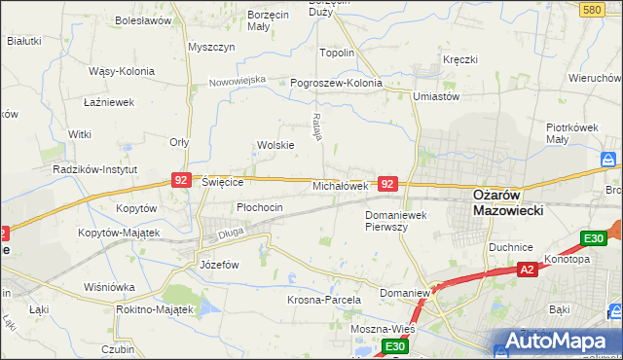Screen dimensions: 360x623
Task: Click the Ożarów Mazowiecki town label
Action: [507, 201]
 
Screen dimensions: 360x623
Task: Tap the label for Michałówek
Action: [339, 185]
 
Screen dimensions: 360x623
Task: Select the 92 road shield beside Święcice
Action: [180, 180]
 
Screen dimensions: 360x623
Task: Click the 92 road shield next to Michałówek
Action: [387, 183]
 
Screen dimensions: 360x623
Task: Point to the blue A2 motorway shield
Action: [527, 270]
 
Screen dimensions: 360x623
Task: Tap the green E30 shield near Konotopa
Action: [593, 238]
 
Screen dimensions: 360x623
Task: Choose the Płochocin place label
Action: [260, 207]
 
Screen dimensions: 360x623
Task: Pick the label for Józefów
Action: [219, 265]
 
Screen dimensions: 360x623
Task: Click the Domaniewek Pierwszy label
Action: [399, 220]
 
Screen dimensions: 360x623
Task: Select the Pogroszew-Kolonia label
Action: [337, 83]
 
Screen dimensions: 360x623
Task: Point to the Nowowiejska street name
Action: [238, 81]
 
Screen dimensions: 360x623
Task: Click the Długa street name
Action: [230, 233]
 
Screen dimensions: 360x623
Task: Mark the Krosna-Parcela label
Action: [324, 300]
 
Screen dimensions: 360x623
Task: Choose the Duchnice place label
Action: [511, 247]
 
